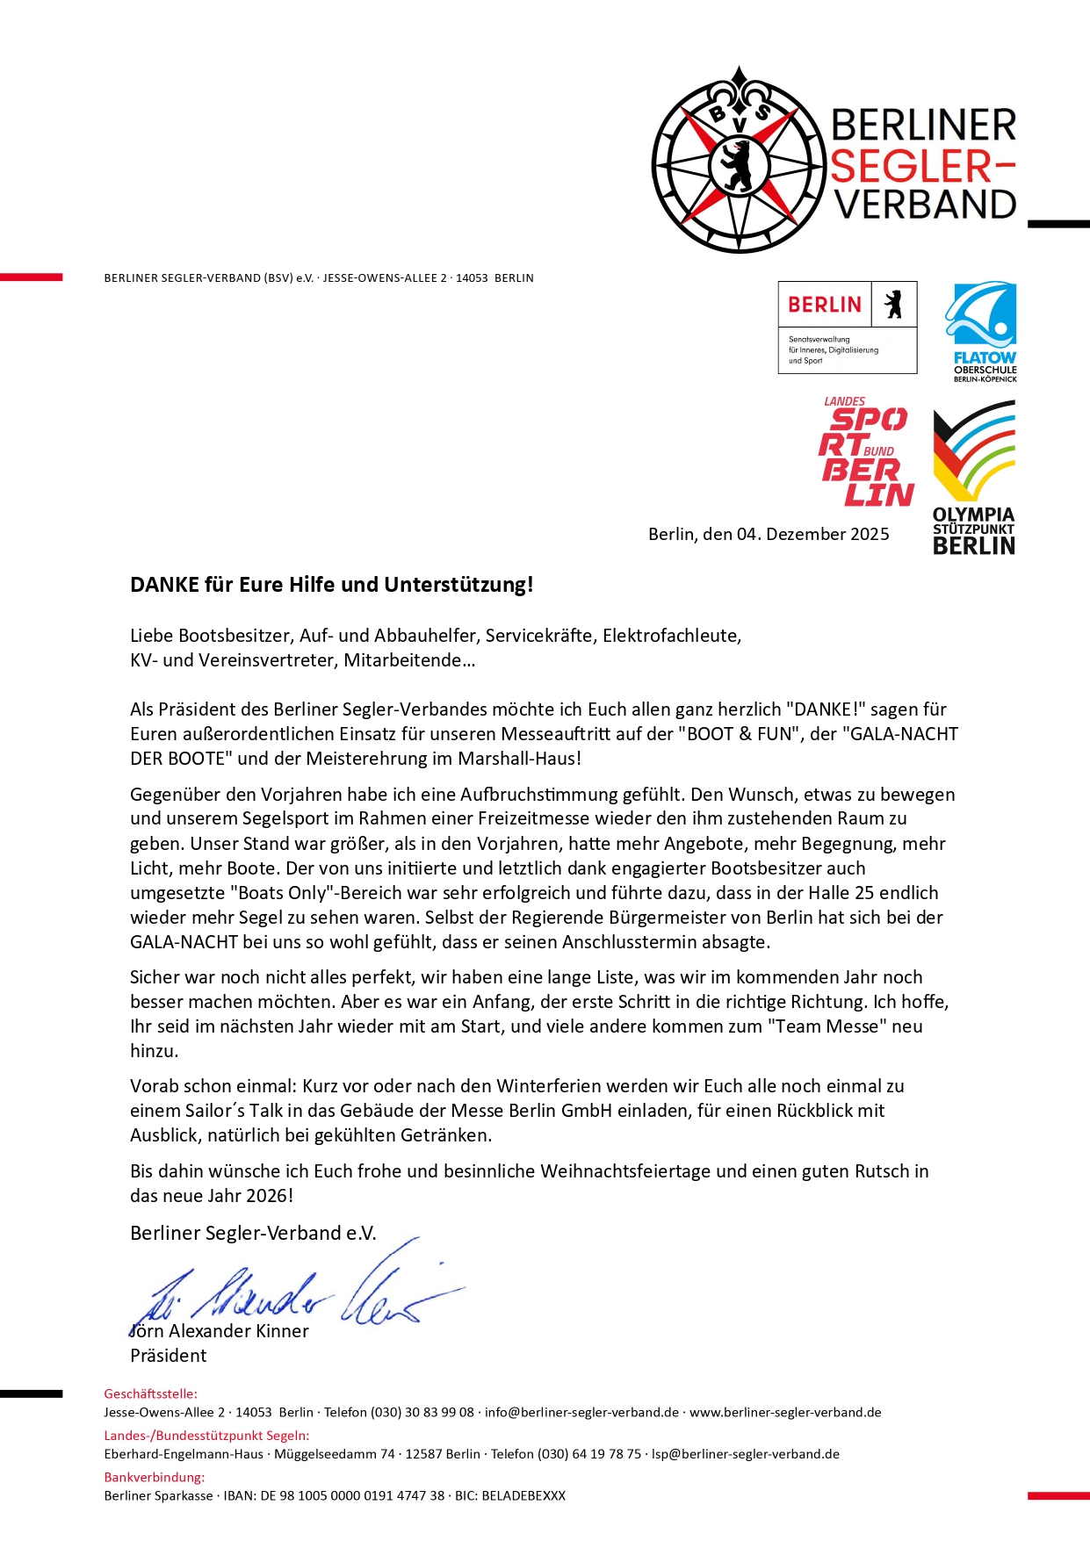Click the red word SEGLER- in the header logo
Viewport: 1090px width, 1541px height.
(922, 165)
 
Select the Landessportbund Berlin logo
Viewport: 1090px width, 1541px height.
(865, 453)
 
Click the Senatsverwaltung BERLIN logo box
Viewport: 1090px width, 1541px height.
(847, 327)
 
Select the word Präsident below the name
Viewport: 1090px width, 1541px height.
(168, 1355)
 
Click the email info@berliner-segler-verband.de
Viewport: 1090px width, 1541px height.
(581, 1412)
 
